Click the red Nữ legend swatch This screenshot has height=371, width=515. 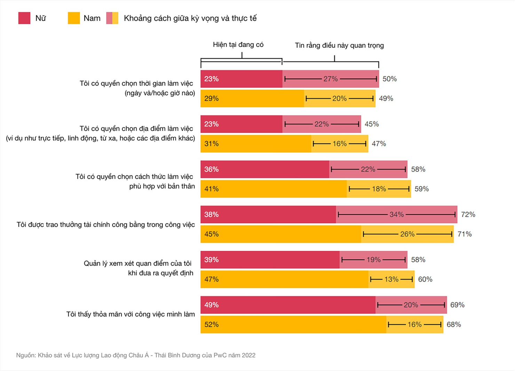click(x=24, y=18)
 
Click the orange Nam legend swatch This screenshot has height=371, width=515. click(x=74, y=18)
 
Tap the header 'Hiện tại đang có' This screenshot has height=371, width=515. click(x=238, y=45)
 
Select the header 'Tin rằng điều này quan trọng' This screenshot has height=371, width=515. click(x=339, y=45)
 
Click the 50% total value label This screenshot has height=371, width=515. click(x=389, y=79)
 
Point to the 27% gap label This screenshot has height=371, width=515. click(x=330, y=79)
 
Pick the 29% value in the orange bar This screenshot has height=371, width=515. click(x=211, y=98)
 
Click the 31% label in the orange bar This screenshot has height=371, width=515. click(x=211, y=144)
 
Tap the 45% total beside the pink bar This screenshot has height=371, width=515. click(x=372, y=124)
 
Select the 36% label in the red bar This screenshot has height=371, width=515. click(x=211, y=169)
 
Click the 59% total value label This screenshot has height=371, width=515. click(x=421, y=189)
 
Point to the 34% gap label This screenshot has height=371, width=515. click(x=396, y=214)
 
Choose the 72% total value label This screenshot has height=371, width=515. click(x=468, y=214)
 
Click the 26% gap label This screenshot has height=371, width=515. click(x=407, y=234)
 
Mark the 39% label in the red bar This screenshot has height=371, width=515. click(x=211, y=260)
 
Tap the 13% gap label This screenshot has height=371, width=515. click(x=391, y=279)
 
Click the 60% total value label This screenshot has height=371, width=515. click(x=425, y=279)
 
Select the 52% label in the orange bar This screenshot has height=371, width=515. click(x=211, y=325)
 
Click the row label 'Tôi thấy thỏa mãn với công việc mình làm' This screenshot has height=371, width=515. click(x=130, y=314)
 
